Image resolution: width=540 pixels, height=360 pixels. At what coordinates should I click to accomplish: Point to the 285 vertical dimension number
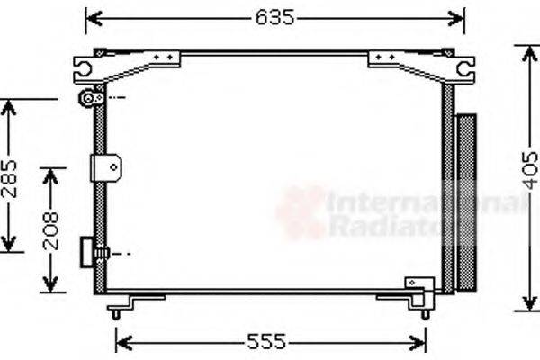tap(9, 176)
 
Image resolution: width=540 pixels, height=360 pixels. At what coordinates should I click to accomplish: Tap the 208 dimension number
tap(50, 229)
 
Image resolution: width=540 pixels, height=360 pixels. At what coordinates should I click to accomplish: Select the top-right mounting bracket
tap(421, 65)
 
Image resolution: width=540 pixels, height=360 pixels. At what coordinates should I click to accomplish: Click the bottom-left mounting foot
tap(116, 310)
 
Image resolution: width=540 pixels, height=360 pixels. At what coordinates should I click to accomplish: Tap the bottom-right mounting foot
tap(424, 310)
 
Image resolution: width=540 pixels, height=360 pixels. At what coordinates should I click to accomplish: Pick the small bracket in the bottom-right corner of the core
tap(419, 285)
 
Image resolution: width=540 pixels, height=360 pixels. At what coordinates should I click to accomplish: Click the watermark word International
tap(423, 205)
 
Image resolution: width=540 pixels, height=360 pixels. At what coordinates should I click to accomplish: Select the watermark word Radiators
tap(387, 227)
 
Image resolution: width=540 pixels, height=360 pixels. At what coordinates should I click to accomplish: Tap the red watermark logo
tap(300, 214)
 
